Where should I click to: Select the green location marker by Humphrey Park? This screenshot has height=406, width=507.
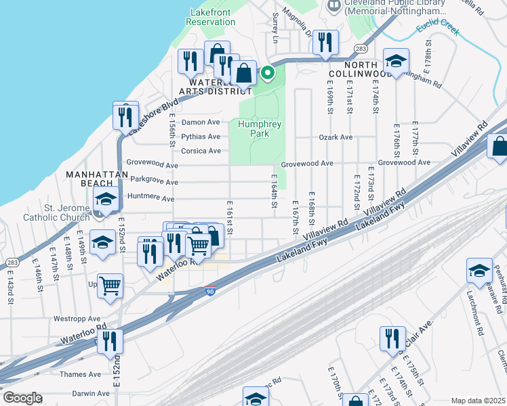(x=268, y=73)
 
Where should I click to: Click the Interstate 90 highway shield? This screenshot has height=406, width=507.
(x=210, y=291)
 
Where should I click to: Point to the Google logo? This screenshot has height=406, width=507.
(x=22, y=398)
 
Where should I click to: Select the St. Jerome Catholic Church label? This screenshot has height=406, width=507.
(x=56, y=212)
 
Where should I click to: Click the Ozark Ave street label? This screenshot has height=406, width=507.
(x=336, y=137)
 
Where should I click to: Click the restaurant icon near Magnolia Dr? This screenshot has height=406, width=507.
(x=325, y=43)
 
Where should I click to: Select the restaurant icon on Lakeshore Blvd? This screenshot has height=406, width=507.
(x=125, y=117)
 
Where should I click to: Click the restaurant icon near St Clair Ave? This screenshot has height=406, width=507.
(x=392, y=339)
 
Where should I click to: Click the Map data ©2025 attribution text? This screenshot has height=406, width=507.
(x=478, y=401)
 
